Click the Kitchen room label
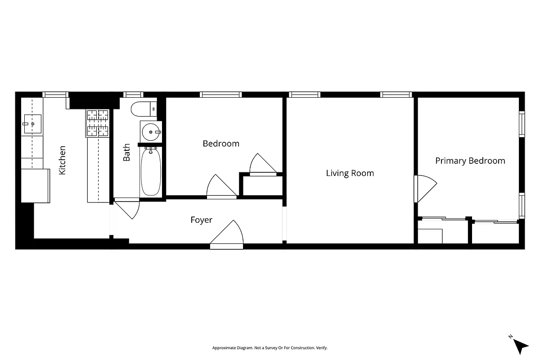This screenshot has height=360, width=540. click(x=63, y=160)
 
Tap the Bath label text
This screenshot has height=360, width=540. click(x=127, y=153)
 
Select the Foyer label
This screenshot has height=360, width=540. click(x=201, y=220)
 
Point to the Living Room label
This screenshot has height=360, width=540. click(x=350, y=173)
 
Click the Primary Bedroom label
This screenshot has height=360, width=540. click(x=470, y=161)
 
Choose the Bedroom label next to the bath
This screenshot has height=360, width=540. click(x=220, y=144)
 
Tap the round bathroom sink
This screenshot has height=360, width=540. click(x=150, y=132)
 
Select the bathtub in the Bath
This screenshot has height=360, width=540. click(x=150, y=172)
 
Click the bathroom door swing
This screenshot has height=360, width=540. click(x=128, y=209)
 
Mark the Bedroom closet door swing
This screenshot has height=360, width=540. click(x=264, y=164)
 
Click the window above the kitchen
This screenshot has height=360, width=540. click(x=55, y=94)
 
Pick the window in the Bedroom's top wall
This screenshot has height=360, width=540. click(x=220, y=94)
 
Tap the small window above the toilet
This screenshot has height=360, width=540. click(x=133, y=94)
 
